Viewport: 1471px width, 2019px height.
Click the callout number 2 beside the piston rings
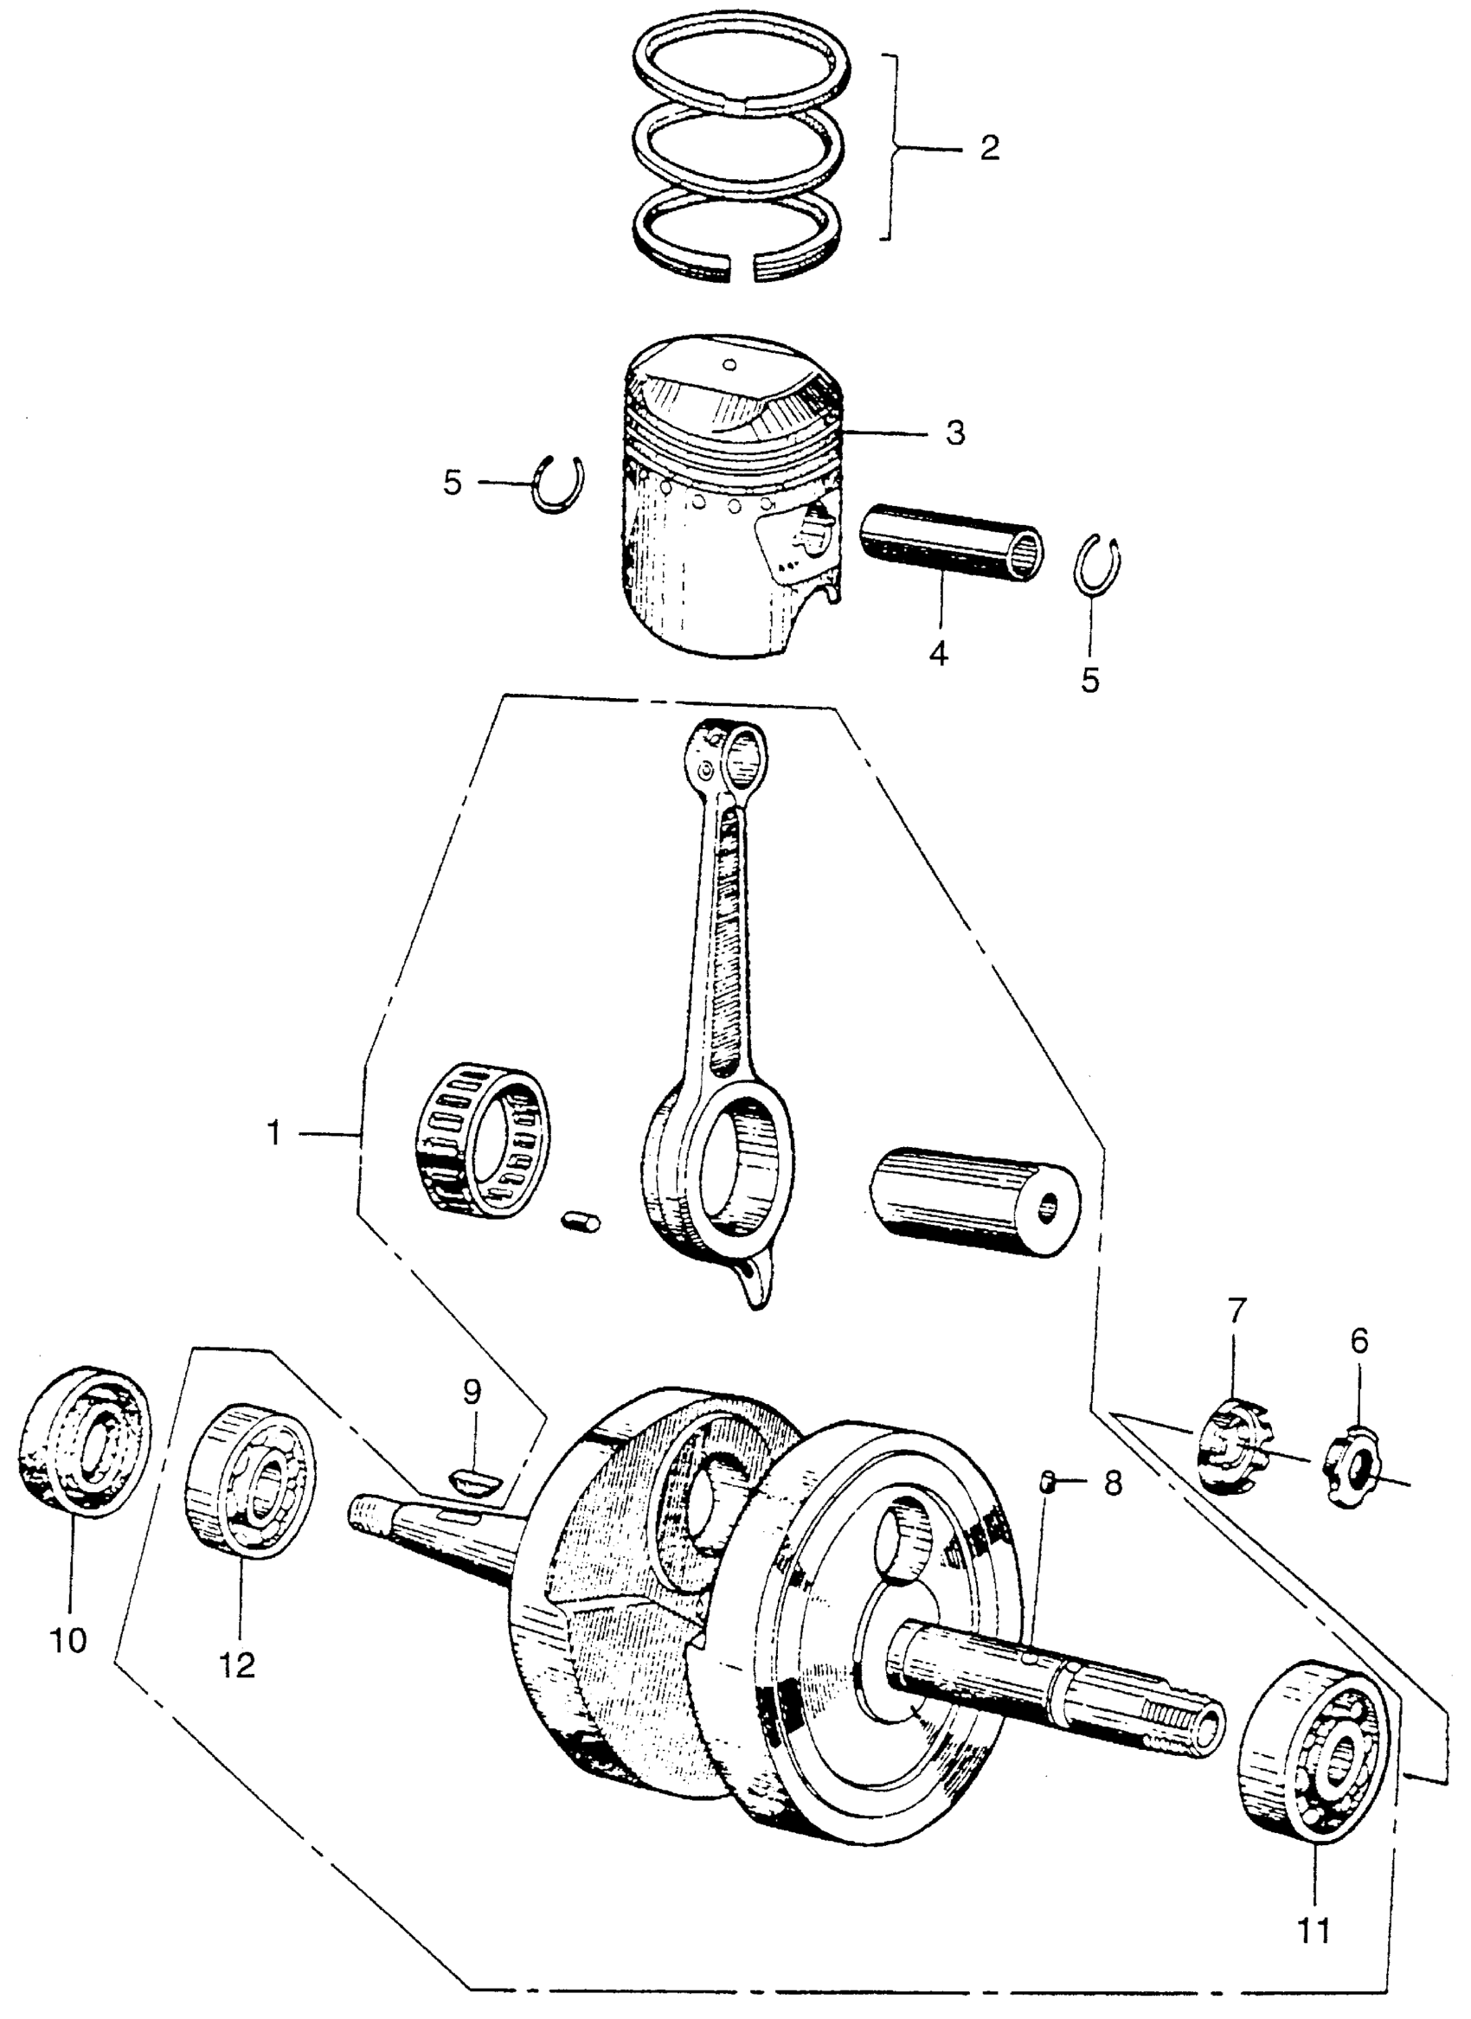click(x=988, y=149)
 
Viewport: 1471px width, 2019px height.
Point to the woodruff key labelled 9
click(x=479, y=1481)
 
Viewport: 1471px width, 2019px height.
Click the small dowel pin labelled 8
click(x=1049, y=1482)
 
